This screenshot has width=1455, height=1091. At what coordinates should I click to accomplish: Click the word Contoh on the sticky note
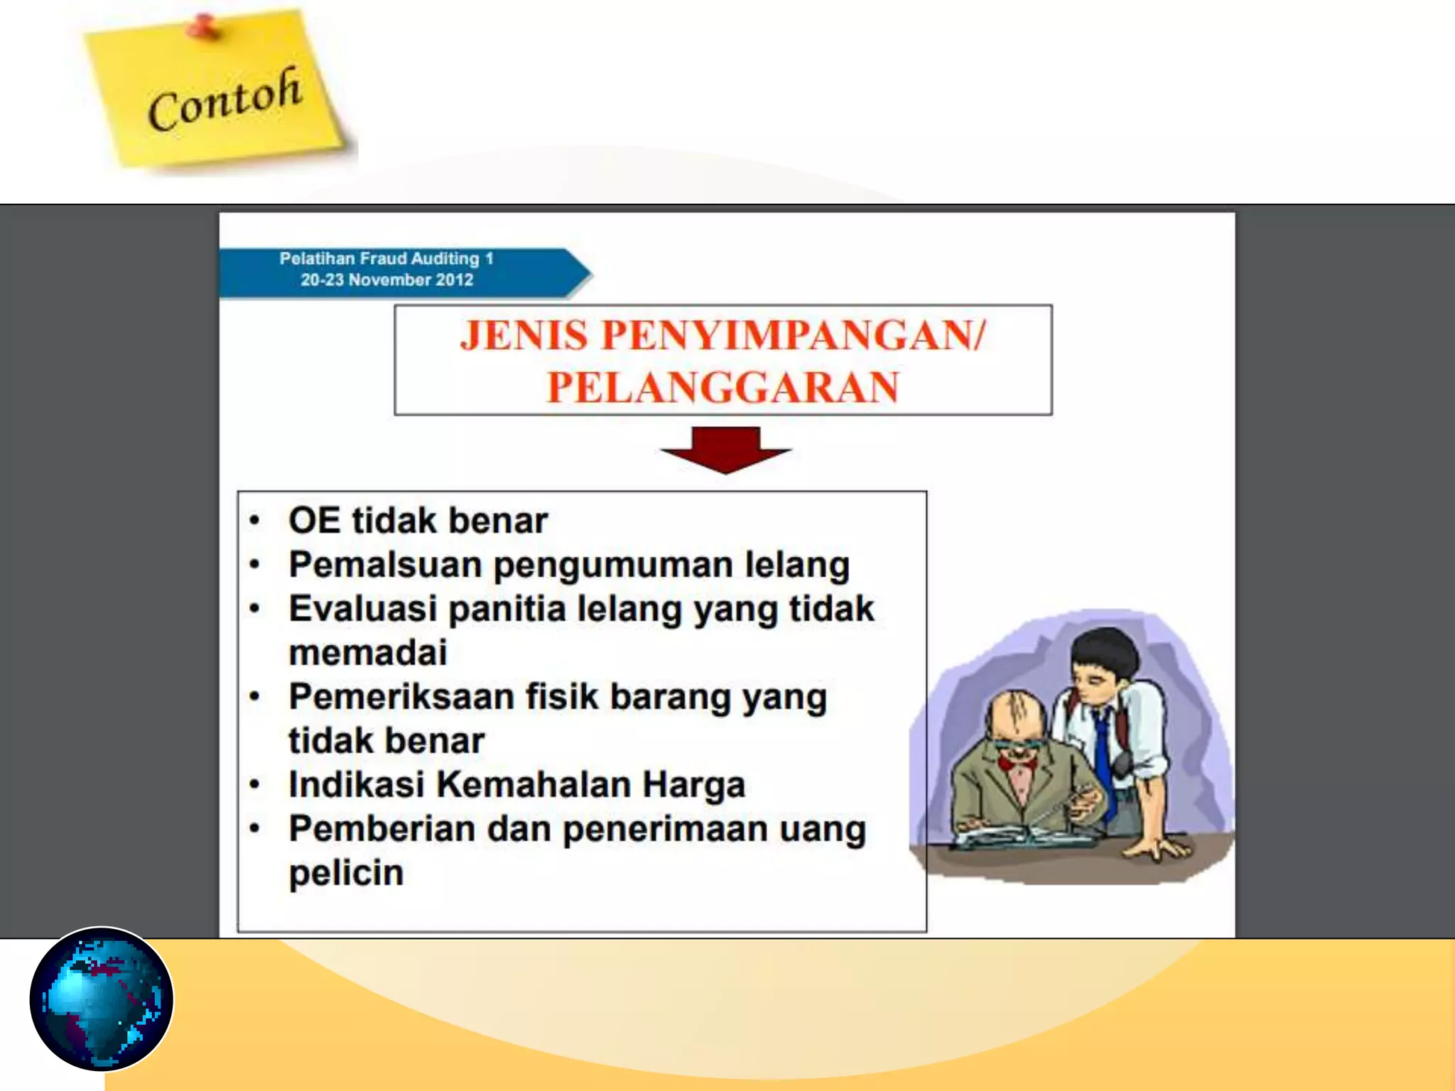point(225,100)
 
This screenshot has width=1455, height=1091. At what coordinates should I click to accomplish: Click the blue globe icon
point(102,999)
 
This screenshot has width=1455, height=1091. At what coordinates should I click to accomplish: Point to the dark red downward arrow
point(725,449)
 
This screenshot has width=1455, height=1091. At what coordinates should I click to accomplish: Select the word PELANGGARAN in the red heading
point(723,388)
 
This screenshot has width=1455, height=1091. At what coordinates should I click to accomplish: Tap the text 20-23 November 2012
point(386,280)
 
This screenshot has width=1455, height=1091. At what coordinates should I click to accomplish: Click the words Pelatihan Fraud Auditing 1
point(386,259)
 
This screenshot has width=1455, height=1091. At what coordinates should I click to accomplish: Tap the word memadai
point(368,653)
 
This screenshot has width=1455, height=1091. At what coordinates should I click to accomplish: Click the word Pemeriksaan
point(401,697)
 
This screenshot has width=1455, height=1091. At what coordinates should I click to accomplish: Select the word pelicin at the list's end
point(346,873)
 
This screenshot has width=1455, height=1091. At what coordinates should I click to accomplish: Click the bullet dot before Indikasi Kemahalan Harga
point(255,785)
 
